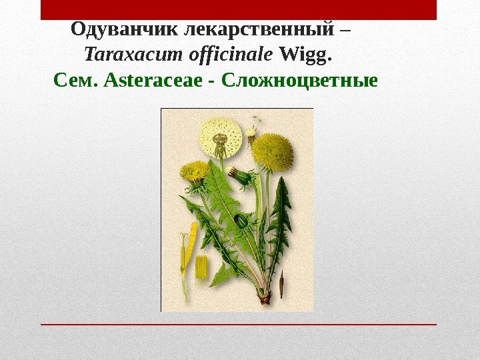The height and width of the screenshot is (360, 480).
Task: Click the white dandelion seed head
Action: tap(220, 138)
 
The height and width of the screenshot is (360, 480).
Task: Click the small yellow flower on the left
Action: tap(193, 171)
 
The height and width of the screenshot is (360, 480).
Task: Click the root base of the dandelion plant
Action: tap(265, 297)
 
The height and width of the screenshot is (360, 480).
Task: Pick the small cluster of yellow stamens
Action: tap(201, 268)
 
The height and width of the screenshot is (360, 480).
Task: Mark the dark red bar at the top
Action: tap(239, 10)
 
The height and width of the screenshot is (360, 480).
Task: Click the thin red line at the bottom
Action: tap(239, 324)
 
